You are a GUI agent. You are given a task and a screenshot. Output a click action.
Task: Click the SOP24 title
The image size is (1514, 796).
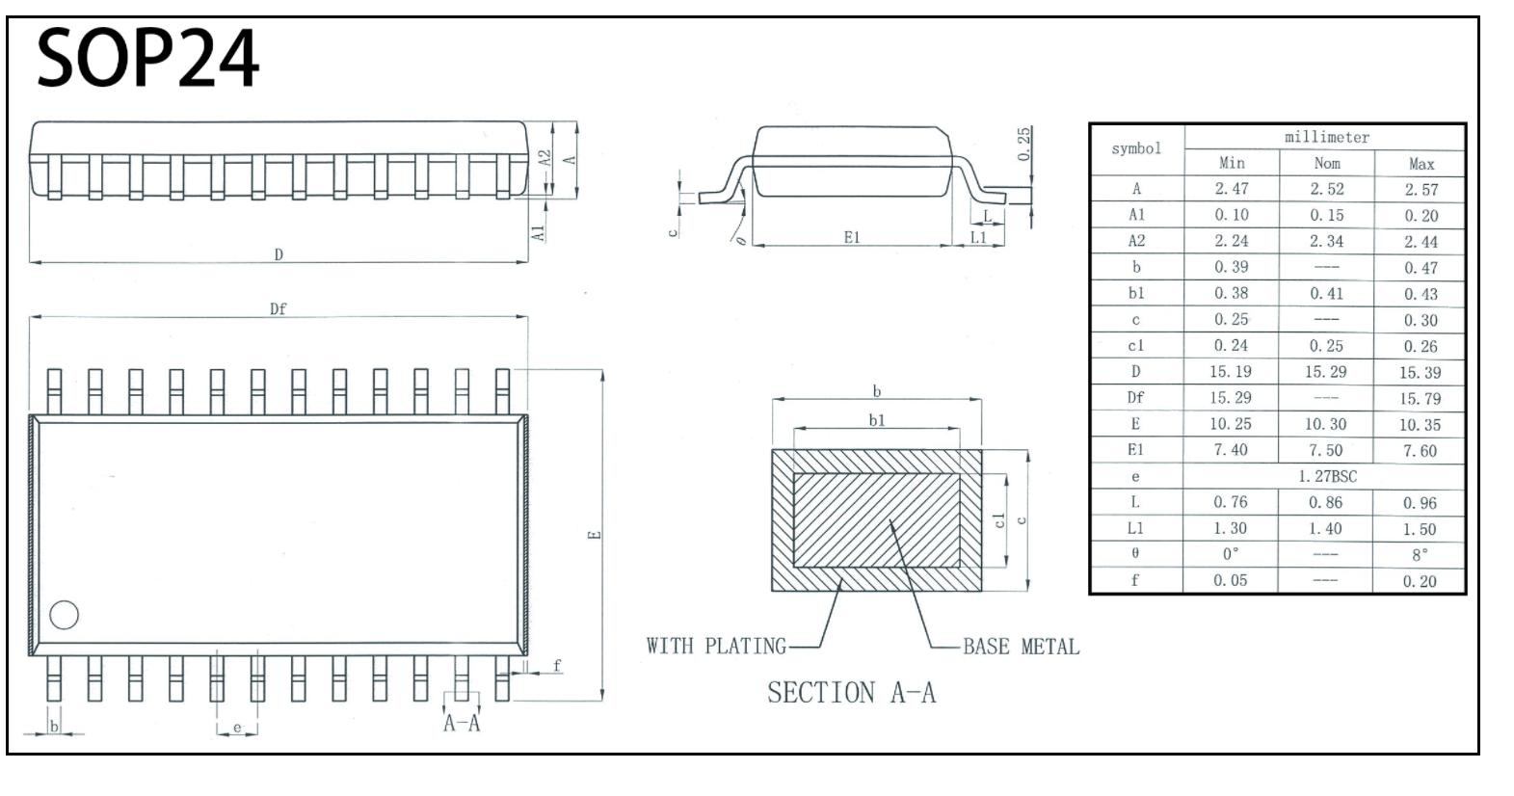147,58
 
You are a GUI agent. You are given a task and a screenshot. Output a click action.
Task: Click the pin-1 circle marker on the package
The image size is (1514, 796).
65,615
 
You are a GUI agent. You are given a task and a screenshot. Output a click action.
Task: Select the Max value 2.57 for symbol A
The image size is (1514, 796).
1421,190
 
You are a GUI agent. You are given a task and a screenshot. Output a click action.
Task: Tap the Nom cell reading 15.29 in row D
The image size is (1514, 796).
1325,372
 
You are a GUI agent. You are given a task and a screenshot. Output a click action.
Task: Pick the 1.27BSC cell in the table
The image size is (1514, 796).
1327,476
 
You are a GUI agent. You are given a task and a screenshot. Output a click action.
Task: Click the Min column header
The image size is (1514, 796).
1232,163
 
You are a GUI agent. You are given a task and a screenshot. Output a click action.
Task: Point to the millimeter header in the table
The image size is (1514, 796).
1327,137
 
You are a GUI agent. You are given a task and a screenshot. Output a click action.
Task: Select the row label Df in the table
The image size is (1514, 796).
1135,397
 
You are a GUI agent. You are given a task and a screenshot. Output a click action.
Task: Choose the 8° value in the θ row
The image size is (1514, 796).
1421,555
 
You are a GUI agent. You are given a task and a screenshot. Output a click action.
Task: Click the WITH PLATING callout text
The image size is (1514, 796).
716,646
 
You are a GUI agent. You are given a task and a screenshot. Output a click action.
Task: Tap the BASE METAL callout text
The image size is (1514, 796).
1022,647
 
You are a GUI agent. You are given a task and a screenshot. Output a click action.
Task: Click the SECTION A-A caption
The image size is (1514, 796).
852,693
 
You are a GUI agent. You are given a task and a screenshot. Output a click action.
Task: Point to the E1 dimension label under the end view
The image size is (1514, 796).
852,237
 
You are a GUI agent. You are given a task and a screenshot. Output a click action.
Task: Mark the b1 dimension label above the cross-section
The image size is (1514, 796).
877,420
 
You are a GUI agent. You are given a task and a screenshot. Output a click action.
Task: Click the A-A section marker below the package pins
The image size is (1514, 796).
462,723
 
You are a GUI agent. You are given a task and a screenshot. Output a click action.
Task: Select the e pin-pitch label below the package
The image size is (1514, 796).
237,727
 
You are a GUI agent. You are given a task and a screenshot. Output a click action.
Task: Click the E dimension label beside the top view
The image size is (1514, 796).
594,535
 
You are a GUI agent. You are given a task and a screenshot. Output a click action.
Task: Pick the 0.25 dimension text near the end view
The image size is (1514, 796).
1024,144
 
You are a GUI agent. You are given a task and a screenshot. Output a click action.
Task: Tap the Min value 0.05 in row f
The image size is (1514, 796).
1230,580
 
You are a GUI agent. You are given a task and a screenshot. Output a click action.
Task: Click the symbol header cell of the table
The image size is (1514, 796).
1136,148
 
